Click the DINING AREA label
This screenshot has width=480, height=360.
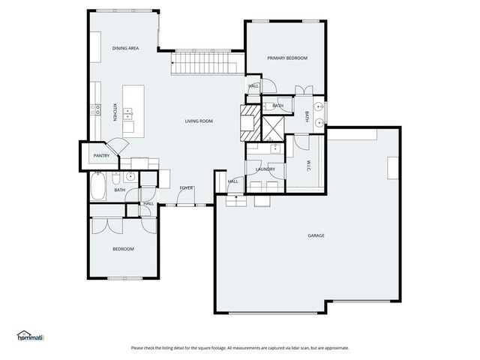pos(126,48)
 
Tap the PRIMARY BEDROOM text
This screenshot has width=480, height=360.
pos(287,58)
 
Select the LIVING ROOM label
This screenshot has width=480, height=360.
pos(199,121)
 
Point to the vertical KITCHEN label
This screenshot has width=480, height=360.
pos(114,112)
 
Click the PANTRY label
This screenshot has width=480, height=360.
pos(101,156)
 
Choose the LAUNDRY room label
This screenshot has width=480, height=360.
pos(265,169)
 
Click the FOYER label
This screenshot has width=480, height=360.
pos(186,187)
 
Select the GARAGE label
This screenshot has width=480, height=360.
pos(316,235)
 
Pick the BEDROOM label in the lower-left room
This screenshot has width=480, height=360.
pos(123,249)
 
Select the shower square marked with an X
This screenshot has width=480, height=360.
pos(274,128)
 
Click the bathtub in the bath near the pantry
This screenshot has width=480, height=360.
pos(99,187)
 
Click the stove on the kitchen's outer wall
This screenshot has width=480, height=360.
pos(96,109)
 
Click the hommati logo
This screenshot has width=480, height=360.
pos(31,336)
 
